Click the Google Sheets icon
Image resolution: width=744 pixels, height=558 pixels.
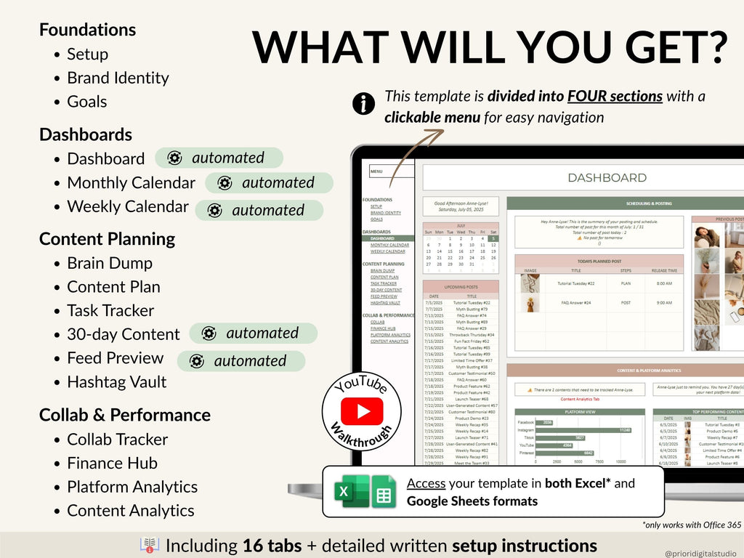pos(382,492)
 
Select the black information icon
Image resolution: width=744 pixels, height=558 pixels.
pos(363,105)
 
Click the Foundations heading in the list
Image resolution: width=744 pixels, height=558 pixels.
pos(87,30)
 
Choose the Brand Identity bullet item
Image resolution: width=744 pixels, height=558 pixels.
pos(118,78)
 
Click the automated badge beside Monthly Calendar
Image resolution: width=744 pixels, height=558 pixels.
pos(270,183)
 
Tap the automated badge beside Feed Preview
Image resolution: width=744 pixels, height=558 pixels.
pos(241,361)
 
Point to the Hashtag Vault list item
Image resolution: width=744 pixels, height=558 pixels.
pos(116,382)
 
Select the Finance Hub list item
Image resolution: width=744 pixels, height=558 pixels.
pos(112,464)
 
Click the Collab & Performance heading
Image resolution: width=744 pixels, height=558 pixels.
pos(125,415)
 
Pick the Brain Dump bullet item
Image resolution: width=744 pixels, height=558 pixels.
pos(110,263)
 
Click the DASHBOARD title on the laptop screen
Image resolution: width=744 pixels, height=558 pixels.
pos(607,177)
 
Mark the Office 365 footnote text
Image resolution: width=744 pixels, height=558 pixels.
pos(691,525)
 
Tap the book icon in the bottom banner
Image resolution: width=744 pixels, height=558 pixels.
pos(149,546)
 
